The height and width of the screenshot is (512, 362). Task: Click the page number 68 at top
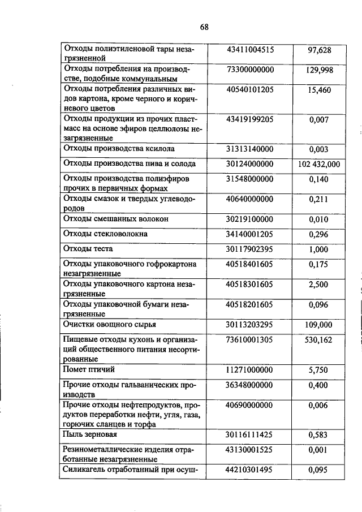click(204, 27)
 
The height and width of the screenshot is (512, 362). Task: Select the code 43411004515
click(250, 50)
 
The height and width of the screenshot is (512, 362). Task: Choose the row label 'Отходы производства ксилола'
click(118, 149)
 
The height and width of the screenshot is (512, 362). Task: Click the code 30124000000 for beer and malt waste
click(250, 164)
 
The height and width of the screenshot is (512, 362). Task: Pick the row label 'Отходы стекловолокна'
click(106, 233)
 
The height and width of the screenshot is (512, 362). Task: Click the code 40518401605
click(250, 264)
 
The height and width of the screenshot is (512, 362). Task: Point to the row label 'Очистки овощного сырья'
click(110, 325)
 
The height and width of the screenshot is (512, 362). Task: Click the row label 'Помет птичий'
click(90, 369)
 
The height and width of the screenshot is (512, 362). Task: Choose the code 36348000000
click(250, 385)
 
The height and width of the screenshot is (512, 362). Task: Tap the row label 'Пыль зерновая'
click(91, 434)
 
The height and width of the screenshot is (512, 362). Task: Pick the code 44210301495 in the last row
click(250, 469)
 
